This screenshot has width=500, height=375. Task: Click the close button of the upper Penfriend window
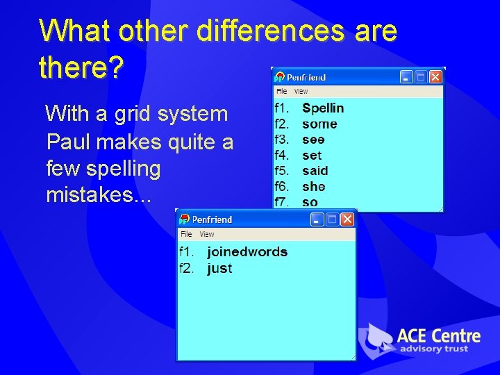(x=435, y=77)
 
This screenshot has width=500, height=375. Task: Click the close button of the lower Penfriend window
(x=347, y=219)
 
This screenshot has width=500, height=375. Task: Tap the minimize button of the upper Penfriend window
(x=406, y=77)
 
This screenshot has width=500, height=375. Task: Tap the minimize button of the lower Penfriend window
(x=317, y=219)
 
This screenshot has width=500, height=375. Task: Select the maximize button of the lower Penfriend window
(x=332, y=219)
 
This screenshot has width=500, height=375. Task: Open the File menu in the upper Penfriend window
(x=281, y=92)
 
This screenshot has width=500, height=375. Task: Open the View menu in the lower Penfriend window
(x=207, y=235)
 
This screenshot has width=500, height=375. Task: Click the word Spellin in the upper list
(x=323, y=108)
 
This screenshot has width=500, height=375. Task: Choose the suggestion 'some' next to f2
(x=319, y=124)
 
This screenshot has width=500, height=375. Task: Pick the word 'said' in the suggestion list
(x=315, y=171)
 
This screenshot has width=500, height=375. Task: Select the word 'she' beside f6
(x=313, y=187)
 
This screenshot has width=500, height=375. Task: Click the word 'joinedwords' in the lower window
(x=247, y=252)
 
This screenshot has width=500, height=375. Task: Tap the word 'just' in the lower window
(x=219, y=269)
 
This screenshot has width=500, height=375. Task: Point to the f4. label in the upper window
(x=281, y=156)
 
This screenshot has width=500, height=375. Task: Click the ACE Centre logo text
(x=438, y=336)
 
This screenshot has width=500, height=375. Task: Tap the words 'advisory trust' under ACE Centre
(x=434, y=349)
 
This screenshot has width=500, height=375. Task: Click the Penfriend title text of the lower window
(x=212, y=219)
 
